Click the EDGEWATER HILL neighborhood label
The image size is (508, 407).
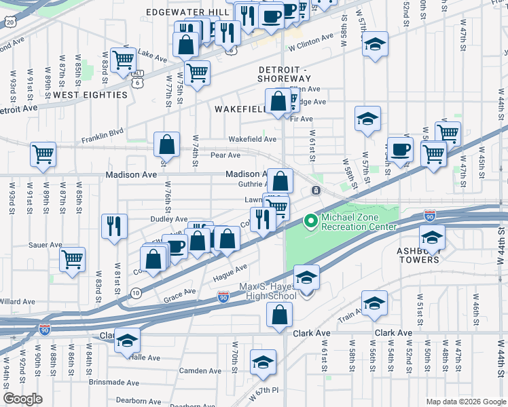(188, 12)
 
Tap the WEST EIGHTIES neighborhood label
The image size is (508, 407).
(90, 95)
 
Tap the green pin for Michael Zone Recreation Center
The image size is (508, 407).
(312, 220)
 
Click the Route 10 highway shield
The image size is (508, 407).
(136, 293)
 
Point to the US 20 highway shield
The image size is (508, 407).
(10, 22)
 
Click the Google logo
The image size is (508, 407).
(22, 399)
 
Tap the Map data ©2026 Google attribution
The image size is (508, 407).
(465, 402)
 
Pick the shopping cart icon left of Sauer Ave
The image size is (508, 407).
(73, 258)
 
